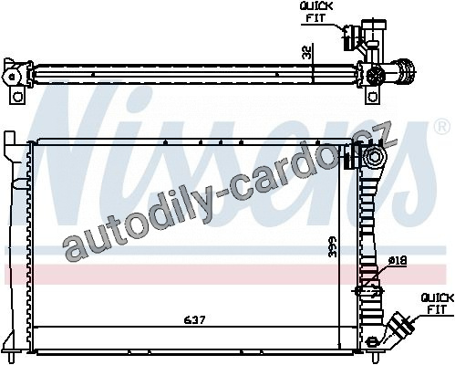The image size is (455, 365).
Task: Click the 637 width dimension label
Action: (195, 319)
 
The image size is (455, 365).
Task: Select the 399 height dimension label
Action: (334, 246)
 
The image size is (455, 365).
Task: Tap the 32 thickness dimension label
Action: (307, 52)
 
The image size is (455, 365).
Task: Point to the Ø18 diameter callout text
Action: (398, 260)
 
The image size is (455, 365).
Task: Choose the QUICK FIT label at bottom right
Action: (438, 304)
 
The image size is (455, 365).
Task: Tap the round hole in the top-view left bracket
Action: (18, 97)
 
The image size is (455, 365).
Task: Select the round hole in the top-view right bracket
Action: (372, 97)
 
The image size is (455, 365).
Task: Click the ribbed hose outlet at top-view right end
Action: (404, 72)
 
